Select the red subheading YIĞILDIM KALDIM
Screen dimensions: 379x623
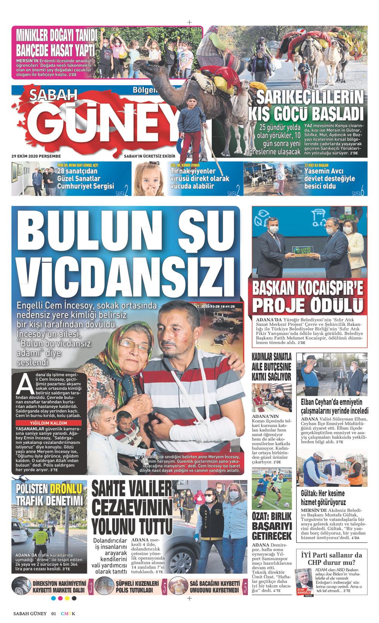49,422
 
